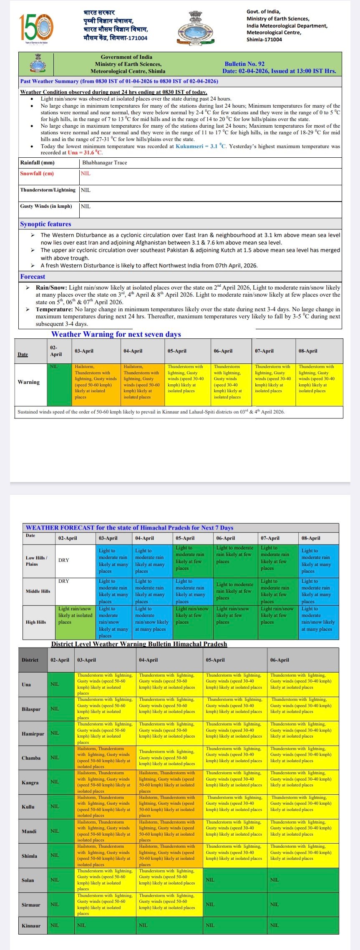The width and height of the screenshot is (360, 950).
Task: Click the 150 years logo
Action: click(37, 27)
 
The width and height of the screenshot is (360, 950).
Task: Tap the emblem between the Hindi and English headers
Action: click(196, 28)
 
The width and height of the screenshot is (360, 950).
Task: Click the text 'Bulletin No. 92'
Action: click(244, 64)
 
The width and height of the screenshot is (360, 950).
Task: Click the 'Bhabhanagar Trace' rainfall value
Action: click(104, 163)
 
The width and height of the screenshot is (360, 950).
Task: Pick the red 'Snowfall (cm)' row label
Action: click(37, 174)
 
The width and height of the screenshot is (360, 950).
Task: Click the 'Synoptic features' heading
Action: click(45, 224)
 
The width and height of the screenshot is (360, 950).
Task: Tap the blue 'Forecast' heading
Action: click(33, 277)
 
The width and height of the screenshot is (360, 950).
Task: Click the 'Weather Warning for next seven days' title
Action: click(116, 334)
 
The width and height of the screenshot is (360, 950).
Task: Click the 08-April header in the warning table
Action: click(308, 351)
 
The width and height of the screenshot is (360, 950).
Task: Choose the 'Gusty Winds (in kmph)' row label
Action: click(46, 206)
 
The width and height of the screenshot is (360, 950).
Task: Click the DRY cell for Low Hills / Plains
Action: click(64, 560)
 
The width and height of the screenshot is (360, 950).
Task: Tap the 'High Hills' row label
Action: click(36, 622)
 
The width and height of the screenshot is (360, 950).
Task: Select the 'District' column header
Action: click(30, 660)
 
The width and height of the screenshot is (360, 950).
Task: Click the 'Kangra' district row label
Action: click(30, 783)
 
